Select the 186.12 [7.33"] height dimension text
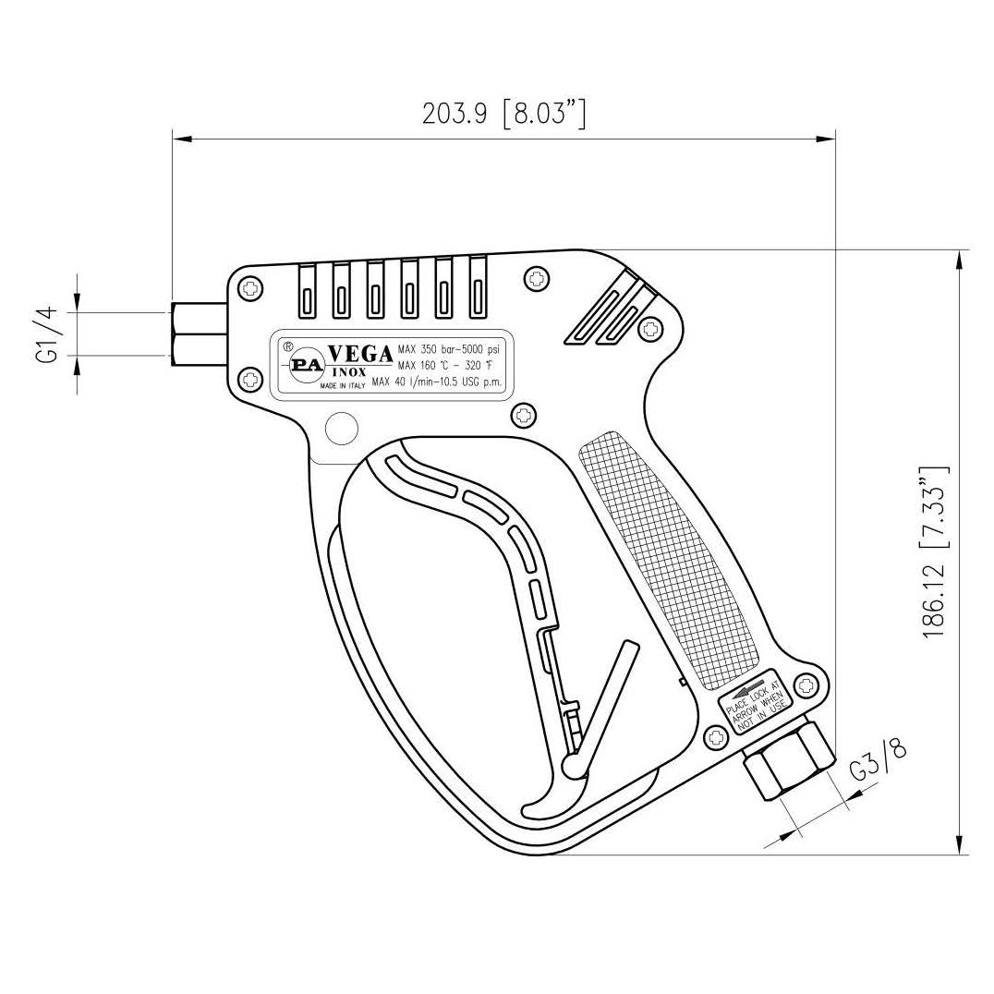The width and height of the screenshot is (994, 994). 935,552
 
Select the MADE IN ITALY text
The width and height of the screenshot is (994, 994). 343,388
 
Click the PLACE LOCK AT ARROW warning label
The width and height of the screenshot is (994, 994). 755,701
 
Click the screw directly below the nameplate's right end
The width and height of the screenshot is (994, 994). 523,415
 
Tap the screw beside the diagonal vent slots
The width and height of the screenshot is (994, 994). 652,327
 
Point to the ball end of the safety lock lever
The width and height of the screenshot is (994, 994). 572,766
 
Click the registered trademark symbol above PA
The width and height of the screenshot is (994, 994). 287,347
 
